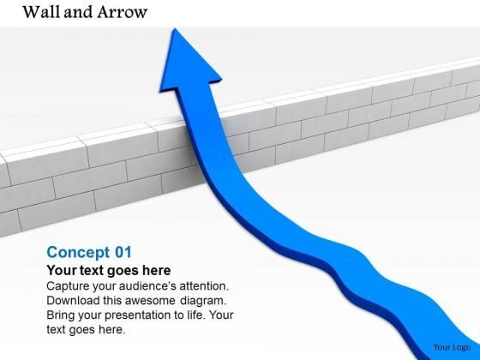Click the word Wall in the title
click(x=33, y=12)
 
